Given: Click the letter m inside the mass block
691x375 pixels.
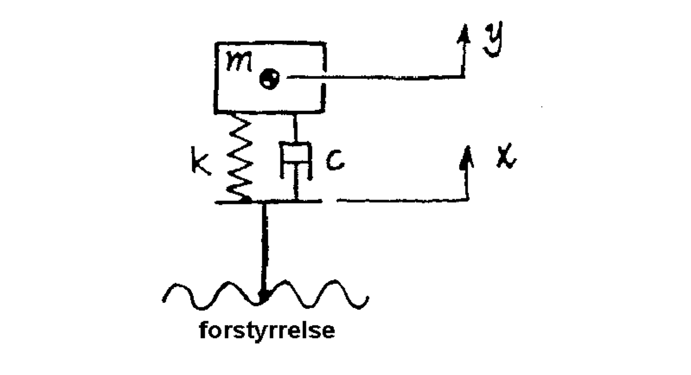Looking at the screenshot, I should [x=239, y=62].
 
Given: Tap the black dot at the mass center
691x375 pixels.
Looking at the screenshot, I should [x=269, y=79].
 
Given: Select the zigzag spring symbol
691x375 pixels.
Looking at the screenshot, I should [x=240, y=158].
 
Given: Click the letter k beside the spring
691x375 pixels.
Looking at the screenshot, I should [x=201, y=161].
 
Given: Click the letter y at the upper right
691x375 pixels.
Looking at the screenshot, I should [x=494, y=39].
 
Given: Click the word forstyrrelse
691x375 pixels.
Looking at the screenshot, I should [x=267, y=331].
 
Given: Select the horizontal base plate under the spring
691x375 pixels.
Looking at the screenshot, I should [x=268, y=201].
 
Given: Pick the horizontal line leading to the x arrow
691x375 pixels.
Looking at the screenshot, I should [x=402, y=200].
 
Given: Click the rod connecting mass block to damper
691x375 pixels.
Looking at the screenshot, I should [x=295, y=127].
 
